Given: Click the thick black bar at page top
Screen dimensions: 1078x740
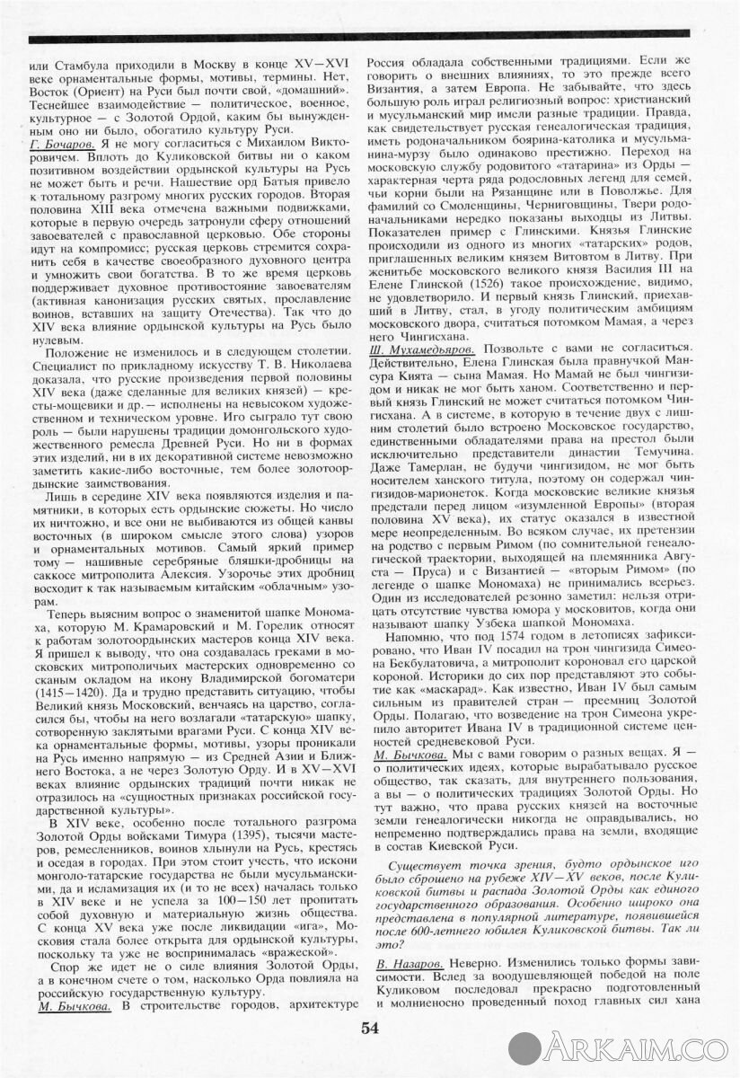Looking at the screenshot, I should click(x=370, y=38).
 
